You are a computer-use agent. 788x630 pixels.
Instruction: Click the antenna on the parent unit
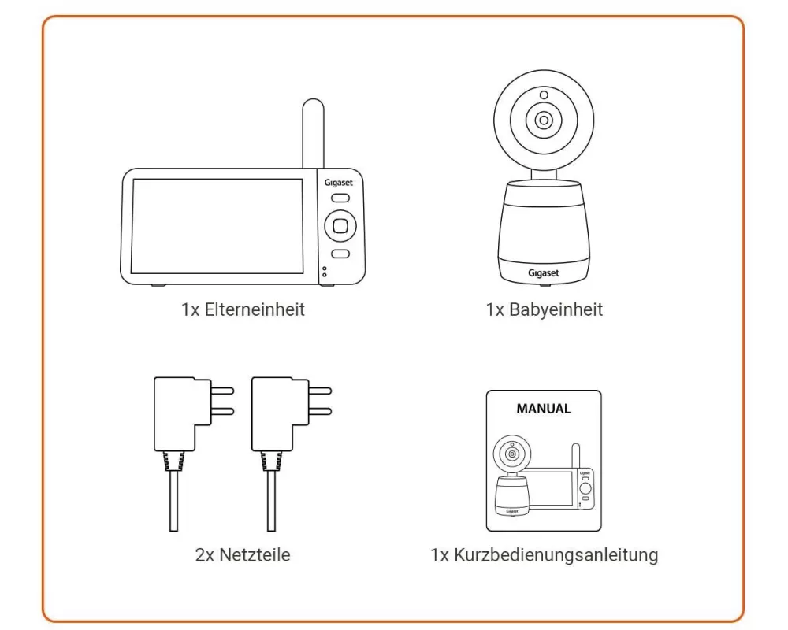click(313, 133)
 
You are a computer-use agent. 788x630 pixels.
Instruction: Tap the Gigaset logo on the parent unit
click(338, 183)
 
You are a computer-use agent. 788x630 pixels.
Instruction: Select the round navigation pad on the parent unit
click(340, 226)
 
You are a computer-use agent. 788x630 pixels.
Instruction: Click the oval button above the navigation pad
click(340, 198)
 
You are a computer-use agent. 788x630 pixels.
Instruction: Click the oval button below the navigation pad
click(340, 254)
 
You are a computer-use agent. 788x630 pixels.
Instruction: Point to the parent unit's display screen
click(217, 226)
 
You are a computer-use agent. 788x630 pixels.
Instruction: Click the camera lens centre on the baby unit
click(543, 120)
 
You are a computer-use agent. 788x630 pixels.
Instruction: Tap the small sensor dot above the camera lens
click(544, 94)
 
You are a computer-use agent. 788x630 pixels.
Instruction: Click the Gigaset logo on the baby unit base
click(543, 272)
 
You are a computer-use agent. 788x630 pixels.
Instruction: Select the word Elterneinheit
click(255, 309)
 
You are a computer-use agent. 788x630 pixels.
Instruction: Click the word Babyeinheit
click(556, 309)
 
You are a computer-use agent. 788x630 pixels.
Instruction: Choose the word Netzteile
click(255, 554)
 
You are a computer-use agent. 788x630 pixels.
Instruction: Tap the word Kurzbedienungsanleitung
click(556, 554)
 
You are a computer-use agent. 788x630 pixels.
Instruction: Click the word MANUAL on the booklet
click(543, 409)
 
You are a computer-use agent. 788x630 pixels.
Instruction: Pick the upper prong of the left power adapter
click(222, 391)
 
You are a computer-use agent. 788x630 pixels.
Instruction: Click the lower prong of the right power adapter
click(320, 411)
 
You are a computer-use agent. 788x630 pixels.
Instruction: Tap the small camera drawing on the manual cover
click(512, 476)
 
